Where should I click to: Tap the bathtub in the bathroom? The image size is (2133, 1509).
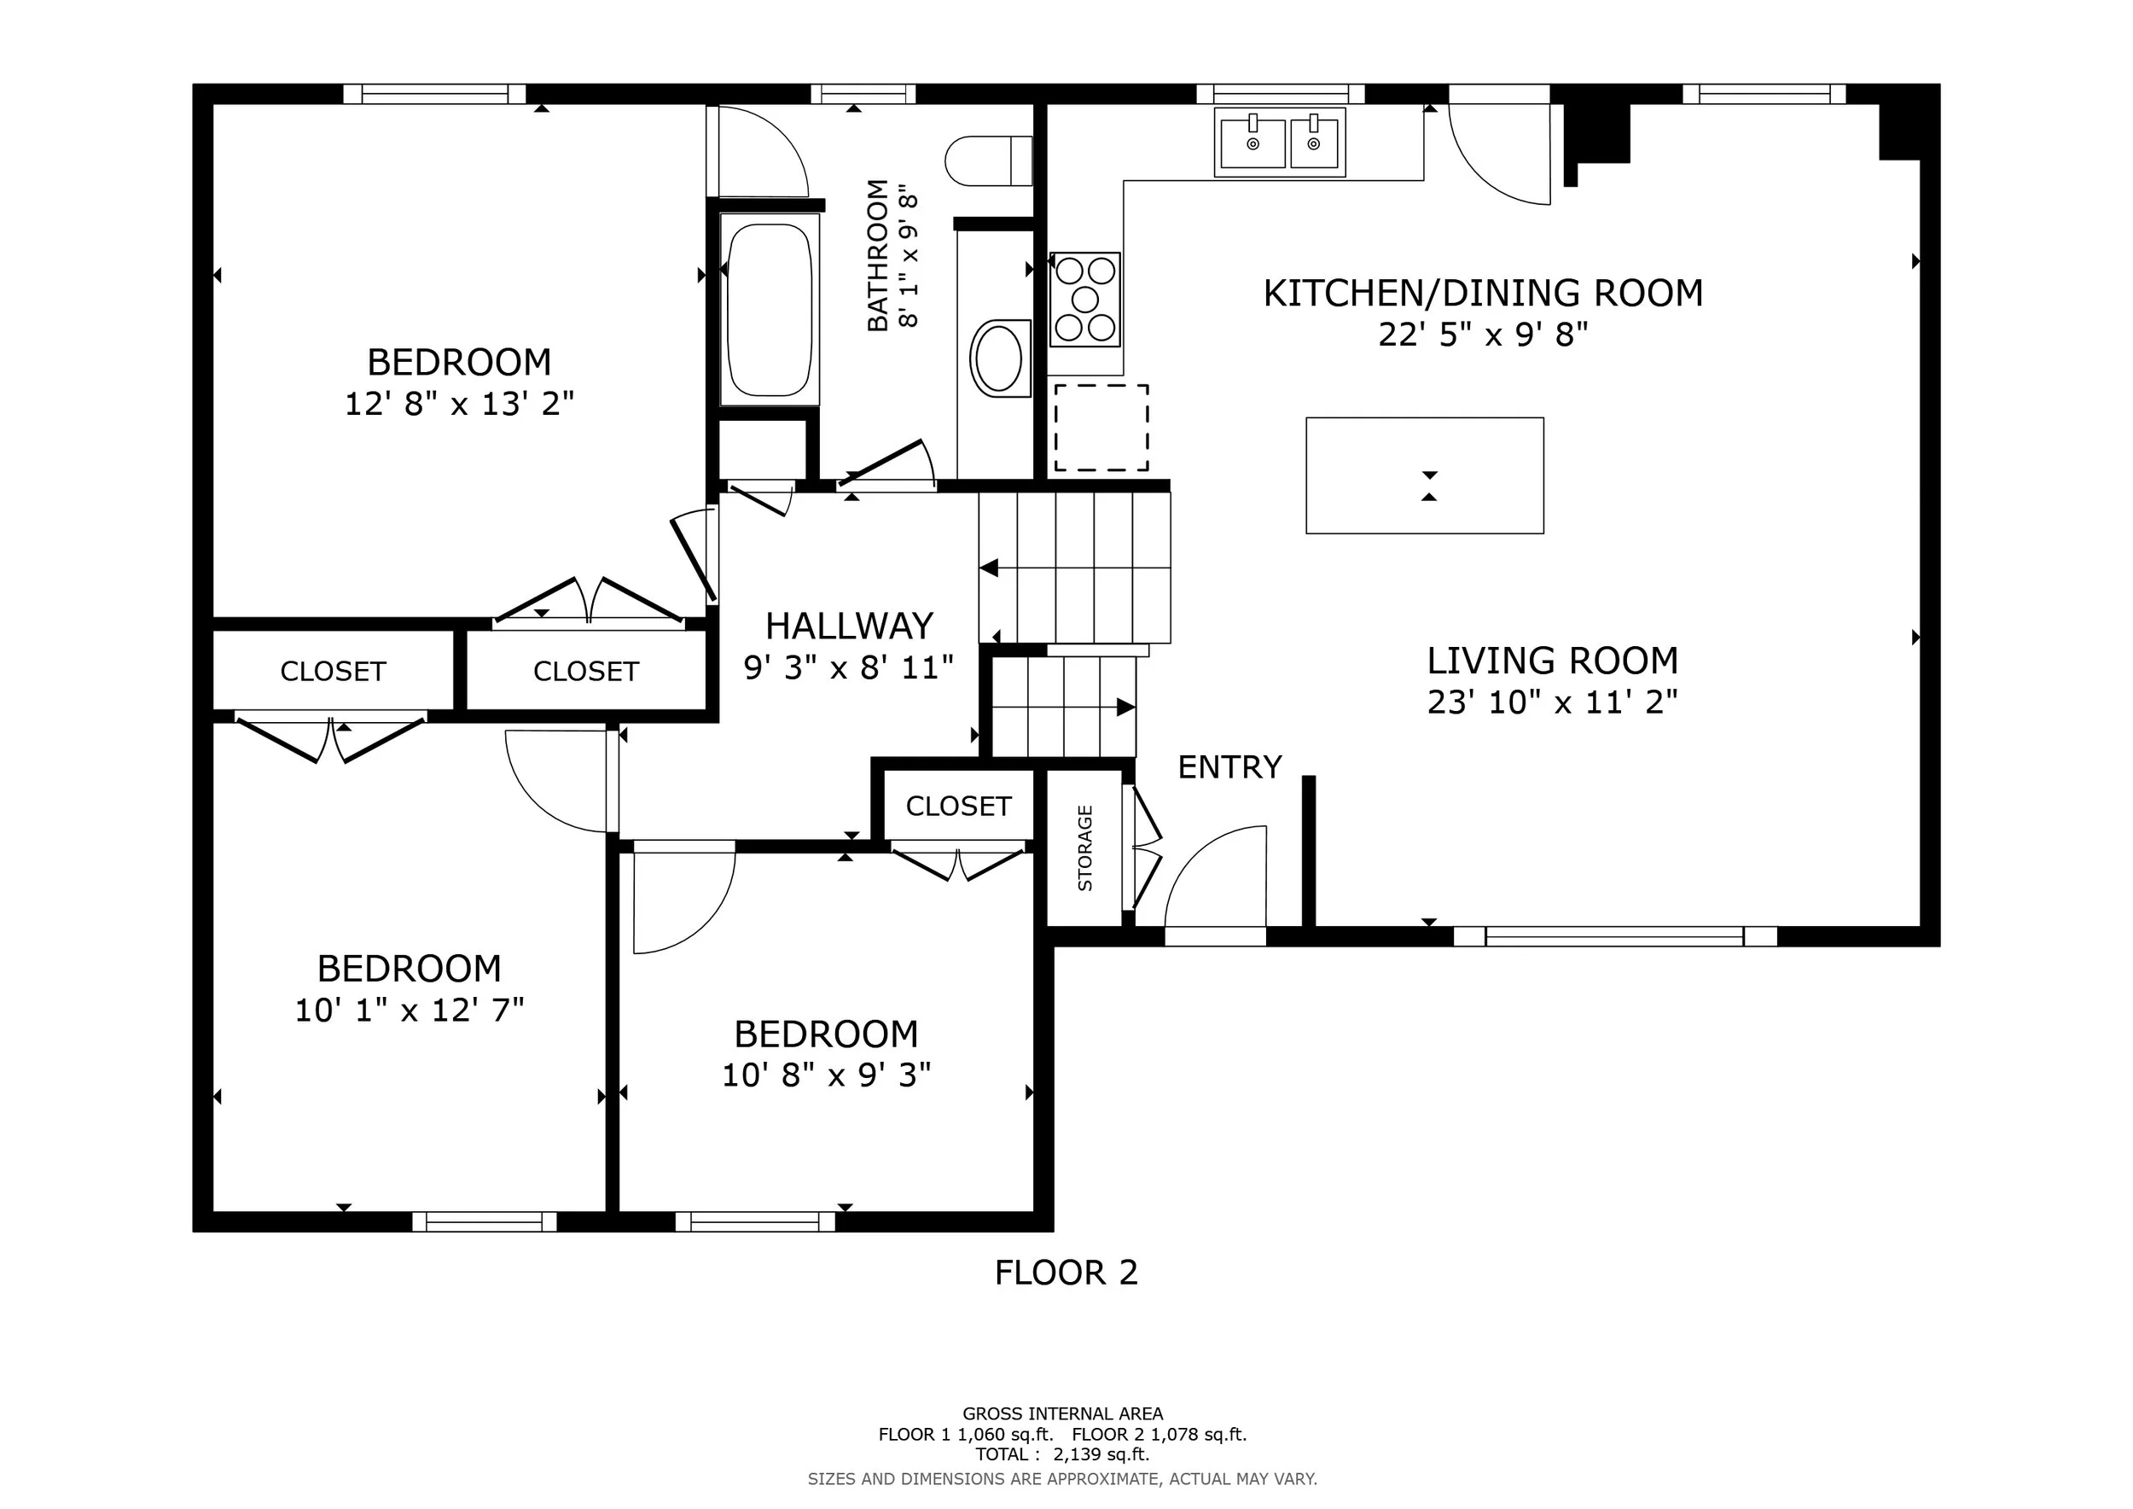[770, 310]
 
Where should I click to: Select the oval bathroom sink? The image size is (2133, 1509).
[1000, 358]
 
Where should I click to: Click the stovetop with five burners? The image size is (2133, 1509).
[1085, 300]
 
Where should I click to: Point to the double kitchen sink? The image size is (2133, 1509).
[1280, 143]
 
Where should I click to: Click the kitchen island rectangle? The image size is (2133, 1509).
[1425, 475]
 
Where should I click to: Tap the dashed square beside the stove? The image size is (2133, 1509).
[1101, 428]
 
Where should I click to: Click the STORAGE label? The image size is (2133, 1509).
[1085, 848]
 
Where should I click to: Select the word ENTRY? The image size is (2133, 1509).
[1230, 767]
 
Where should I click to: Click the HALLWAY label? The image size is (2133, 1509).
[849, 626]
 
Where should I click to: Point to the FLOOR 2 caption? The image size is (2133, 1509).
[1066, 1273]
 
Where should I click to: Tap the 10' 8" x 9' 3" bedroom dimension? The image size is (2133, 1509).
[827, 1075]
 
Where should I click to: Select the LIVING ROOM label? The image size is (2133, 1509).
[1554, 661]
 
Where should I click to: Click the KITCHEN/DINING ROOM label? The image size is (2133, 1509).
[1484, 294]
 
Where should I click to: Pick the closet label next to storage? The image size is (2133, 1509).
[959, 807]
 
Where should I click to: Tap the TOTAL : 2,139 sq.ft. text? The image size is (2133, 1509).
[1063, 1454]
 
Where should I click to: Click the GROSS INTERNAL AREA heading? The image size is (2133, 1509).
[1063, 1414]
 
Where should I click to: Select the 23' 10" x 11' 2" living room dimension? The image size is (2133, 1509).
[1554, 702]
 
